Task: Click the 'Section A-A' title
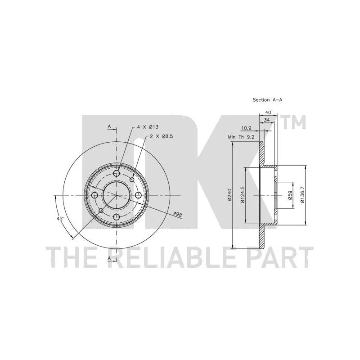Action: click(x=267, y=100)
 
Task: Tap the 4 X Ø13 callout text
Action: click(x=148, y=127)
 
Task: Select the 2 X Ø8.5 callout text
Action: click(x=162, y=136)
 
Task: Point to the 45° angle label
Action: click(x=60, y=219)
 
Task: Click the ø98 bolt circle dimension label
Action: click(x=177, y=215)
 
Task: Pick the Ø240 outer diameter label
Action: click(x=229, y=195)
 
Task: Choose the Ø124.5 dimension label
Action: click(x=243, y=195)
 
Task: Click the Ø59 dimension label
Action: click(x=290, y=195)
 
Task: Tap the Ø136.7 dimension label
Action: click(x=302, y=195)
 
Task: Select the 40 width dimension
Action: click(x=268, y=112)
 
